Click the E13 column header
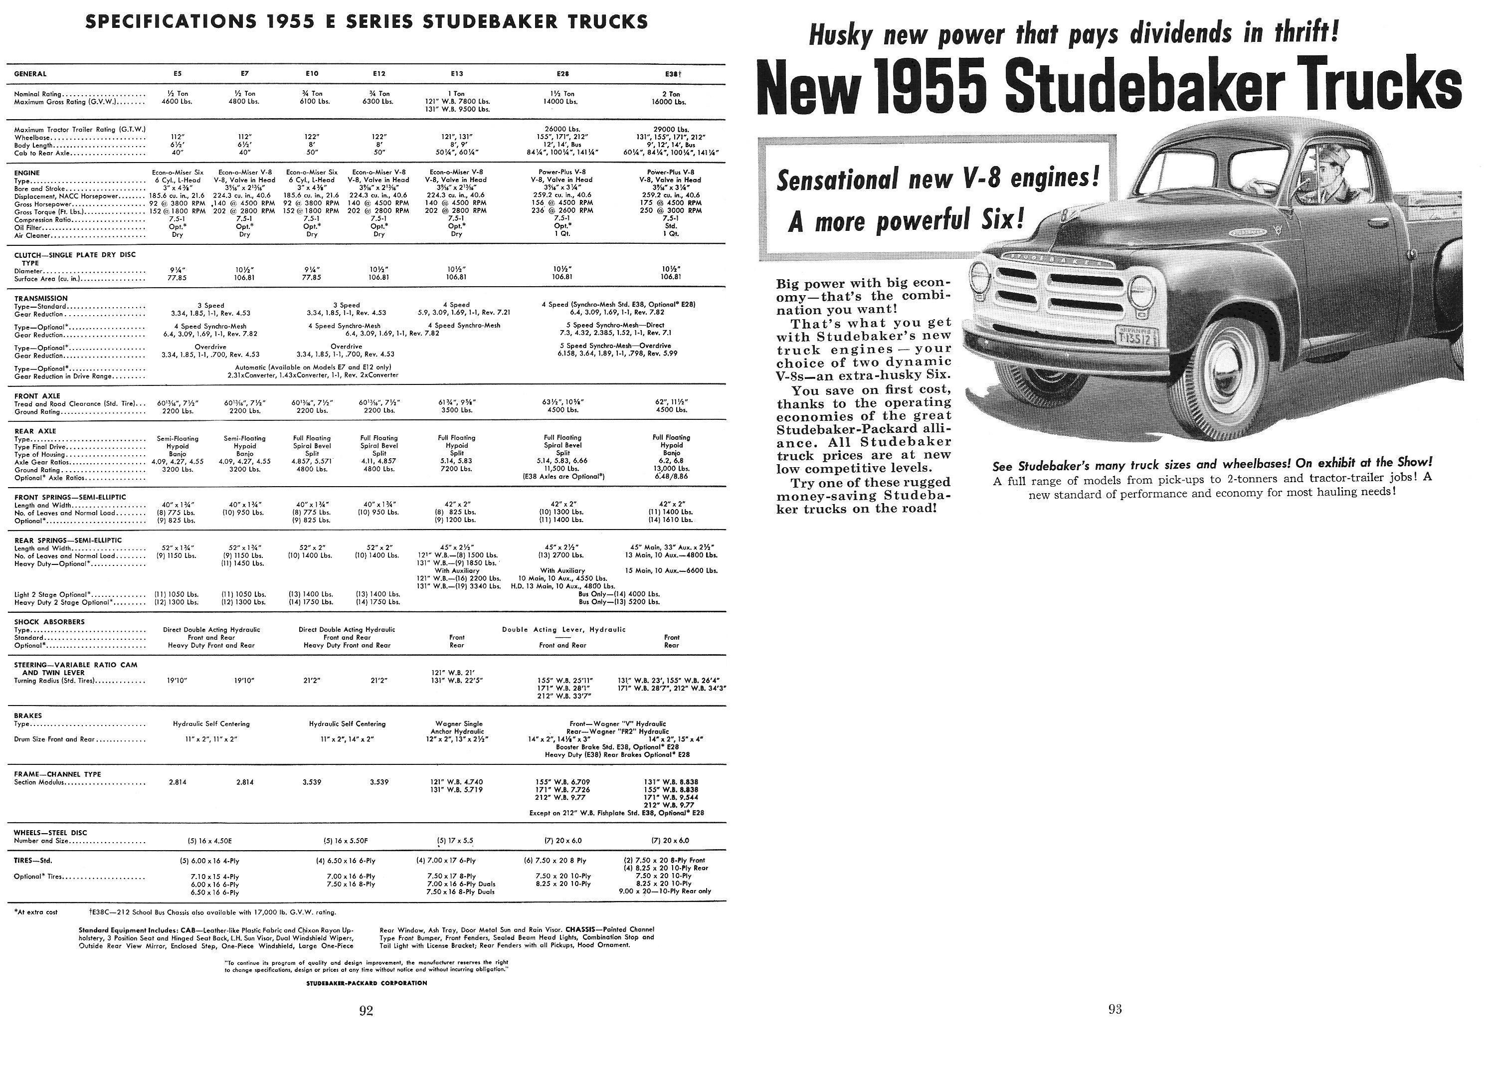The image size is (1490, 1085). (457, 74)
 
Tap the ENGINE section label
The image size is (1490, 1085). (27, 173)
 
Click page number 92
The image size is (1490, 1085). (366, 1011)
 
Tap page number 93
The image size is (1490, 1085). (1115, 1010)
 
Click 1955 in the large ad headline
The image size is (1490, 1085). (934, 87)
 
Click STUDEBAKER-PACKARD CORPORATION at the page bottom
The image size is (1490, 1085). (367, 983)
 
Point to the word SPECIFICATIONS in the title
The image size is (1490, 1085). (172, 21)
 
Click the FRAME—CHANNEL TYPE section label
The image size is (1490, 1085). (57, 774)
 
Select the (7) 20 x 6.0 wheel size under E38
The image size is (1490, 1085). (670, 841)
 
